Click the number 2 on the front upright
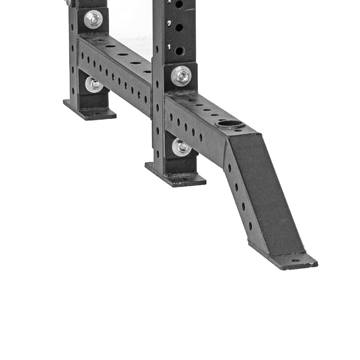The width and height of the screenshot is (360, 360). (x=169, y=24)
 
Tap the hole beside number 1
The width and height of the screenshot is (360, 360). (x=179, y=51)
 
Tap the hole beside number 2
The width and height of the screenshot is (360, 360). (x=179, y=27)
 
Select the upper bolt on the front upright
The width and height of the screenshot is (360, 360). (x=181, y=75)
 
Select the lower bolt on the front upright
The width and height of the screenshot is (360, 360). (x=181, y=147)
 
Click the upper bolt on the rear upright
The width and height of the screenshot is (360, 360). (x=93, y=19)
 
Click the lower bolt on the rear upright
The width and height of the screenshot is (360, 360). (x=94, y=84)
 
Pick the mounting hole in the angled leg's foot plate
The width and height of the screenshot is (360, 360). (x=295, y=261)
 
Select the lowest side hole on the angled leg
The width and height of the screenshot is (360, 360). (x=251, y=226)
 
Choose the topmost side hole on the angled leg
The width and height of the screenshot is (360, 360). (x=229, y=166)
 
